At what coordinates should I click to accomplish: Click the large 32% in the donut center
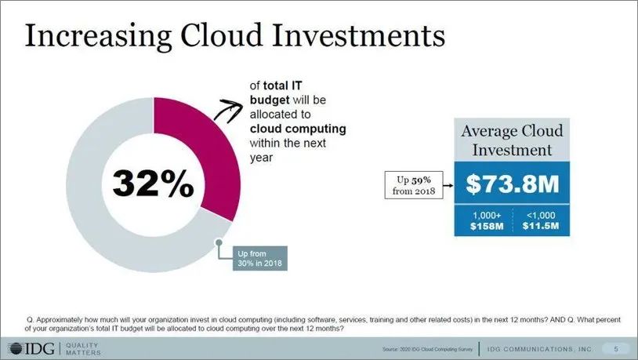pos(152,184)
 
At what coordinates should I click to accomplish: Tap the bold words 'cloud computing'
pos(298,129)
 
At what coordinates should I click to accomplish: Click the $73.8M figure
pos(513,184)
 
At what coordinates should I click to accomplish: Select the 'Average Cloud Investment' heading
pos(513,140)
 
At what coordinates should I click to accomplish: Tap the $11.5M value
pos(541,226)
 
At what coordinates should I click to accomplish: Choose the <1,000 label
pos(541,215)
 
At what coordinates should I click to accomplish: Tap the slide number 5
pos(615,348)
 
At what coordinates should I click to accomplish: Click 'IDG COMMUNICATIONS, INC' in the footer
pos(540,348)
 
